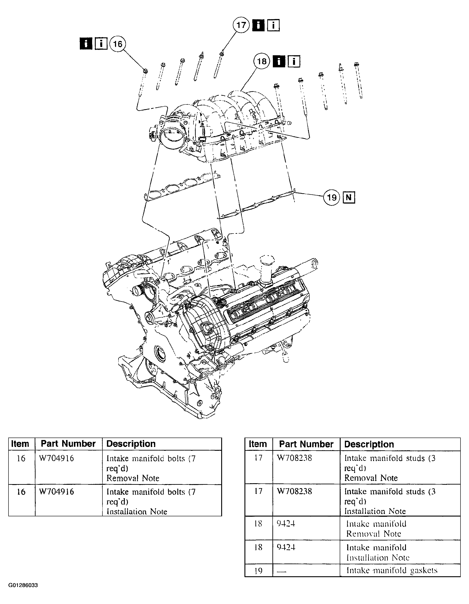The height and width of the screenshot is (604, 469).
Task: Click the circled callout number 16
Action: coord(117,44)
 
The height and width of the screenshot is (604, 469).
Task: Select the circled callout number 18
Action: coord(262,61)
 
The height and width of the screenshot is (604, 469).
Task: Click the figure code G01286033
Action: coord(23,585)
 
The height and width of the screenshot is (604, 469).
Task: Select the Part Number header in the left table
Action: coord(68,444)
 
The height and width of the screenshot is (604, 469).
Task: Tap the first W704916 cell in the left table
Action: coord(57,459)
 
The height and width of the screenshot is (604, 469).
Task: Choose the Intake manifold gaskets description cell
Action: coord(392,570)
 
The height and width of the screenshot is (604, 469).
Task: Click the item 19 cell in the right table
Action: coord(258,570)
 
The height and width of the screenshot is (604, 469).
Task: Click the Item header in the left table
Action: coord(20,444)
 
